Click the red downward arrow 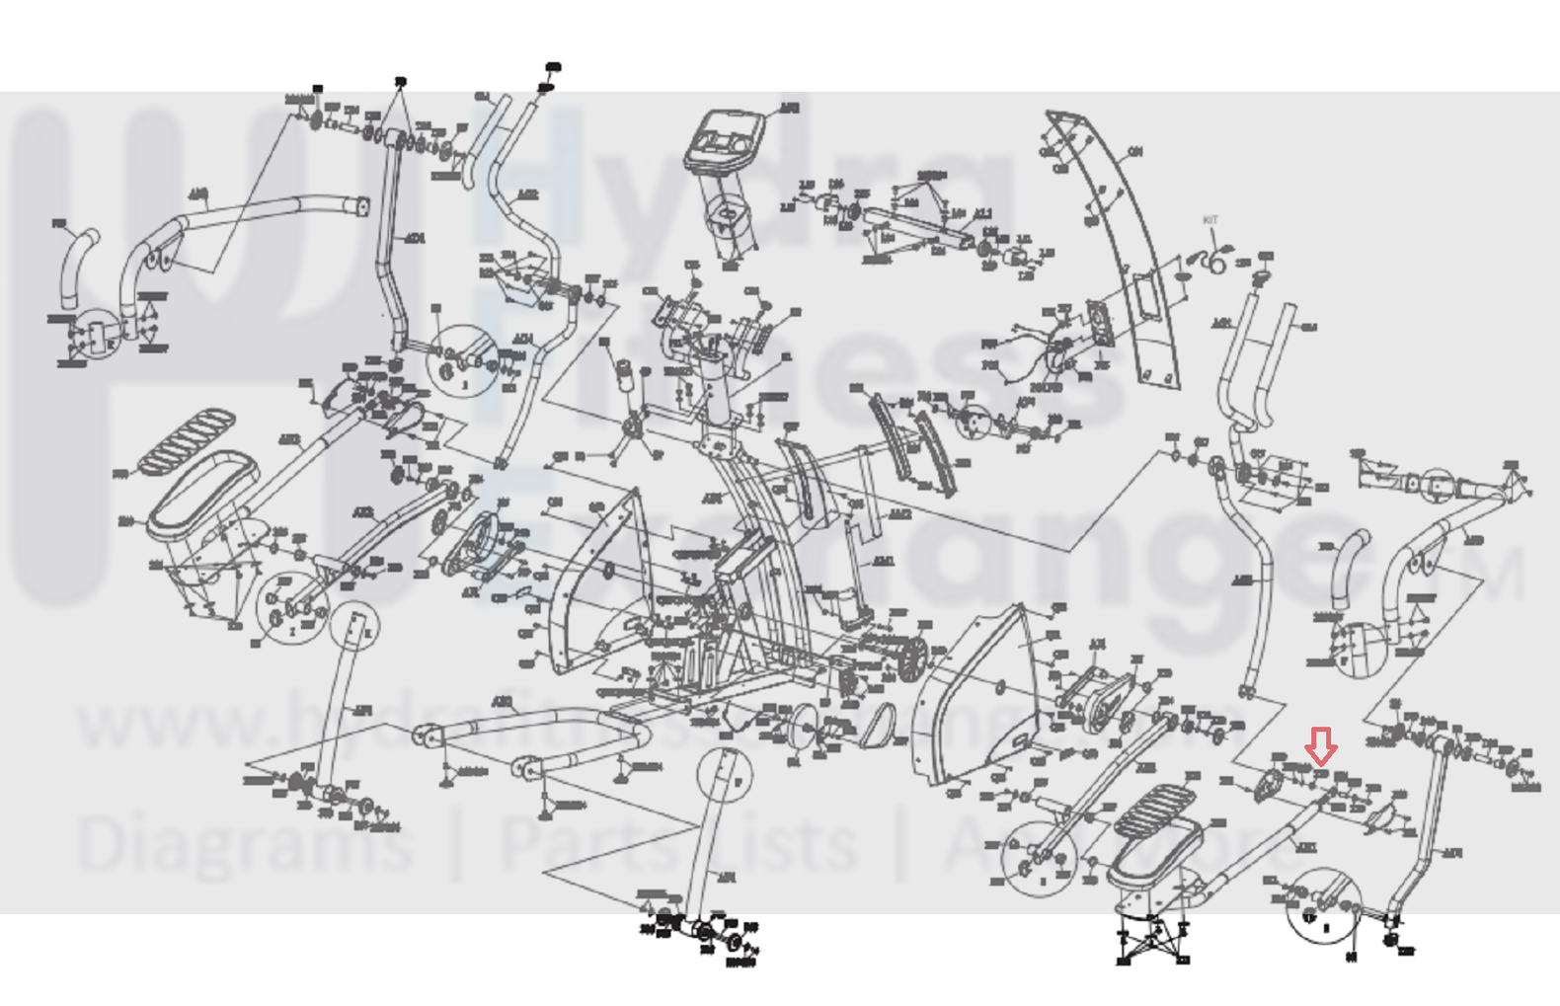pos(1321,745)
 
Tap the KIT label pos(1210,220)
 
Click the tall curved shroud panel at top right pos(1126,247)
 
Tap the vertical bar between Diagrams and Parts pos(456,844)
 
